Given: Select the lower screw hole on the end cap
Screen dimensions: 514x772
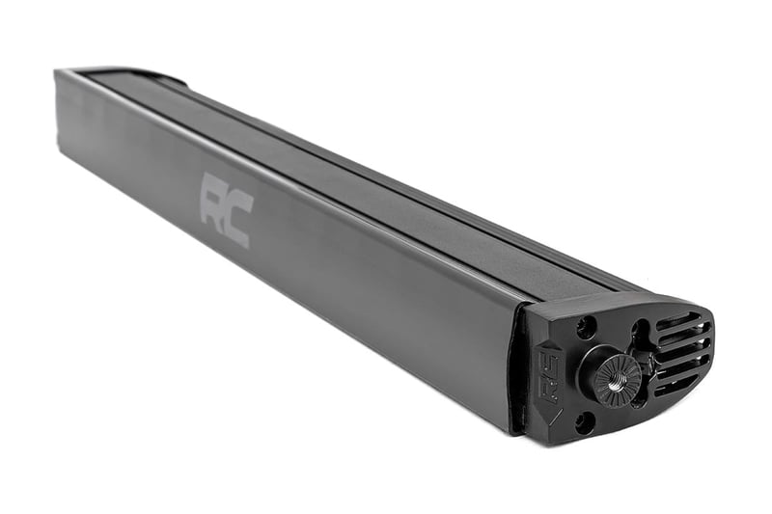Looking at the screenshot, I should [x=584, y=421].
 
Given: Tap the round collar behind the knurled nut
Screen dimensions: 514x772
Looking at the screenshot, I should [x=591, y=368].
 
